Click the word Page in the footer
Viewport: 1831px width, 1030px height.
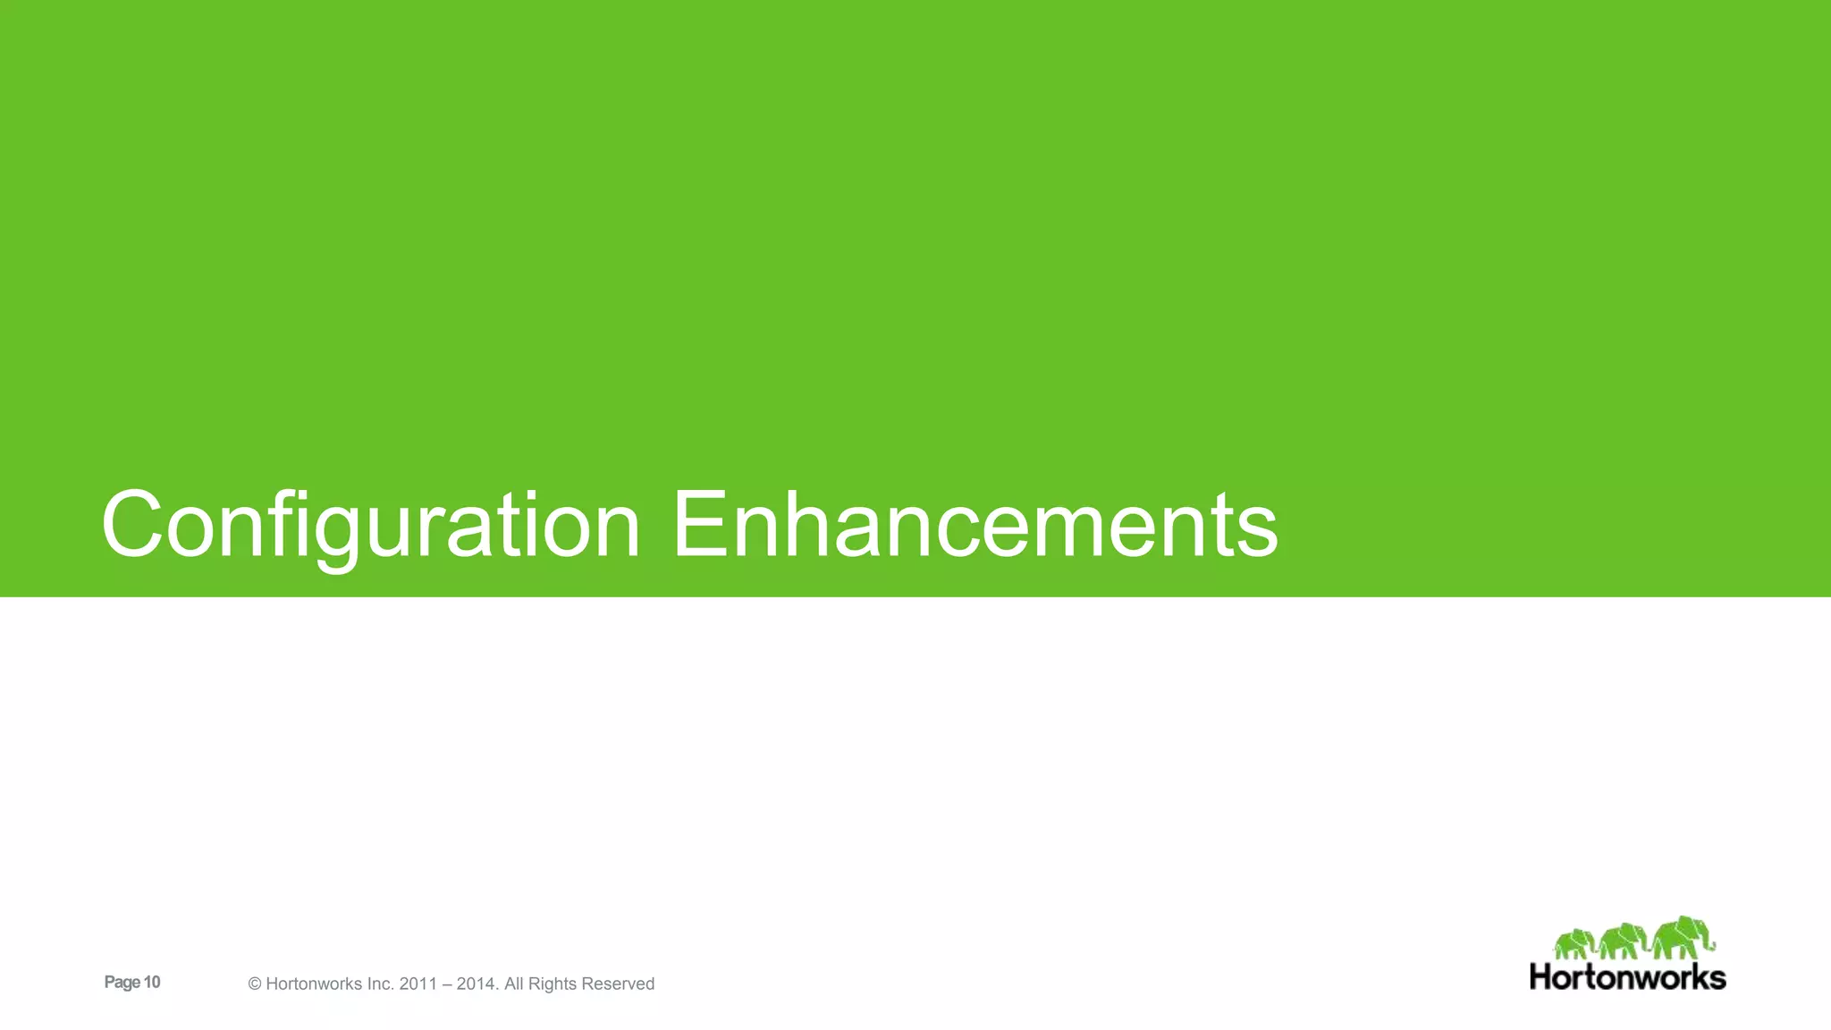[122, 983]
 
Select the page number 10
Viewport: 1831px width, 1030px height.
[152, 983]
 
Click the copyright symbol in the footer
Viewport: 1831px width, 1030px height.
[255, 984]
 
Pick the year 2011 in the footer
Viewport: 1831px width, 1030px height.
[418, 984]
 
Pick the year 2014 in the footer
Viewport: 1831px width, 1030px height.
[476, 984]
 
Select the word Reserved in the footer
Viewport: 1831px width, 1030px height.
[619, 984]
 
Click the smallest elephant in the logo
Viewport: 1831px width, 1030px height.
[1574, 944]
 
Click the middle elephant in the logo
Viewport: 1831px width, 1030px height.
[1622, 941]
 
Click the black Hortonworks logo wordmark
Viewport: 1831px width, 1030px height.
[1627, 976]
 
